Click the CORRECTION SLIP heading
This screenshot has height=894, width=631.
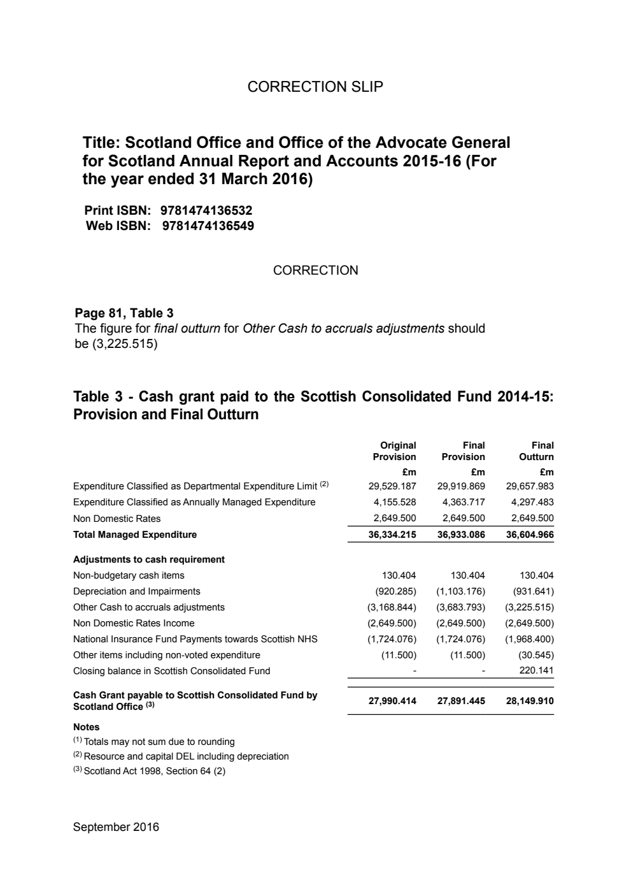[x=315, y=87]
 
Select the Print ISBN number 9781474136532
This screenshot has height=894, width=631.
[x=206, y=210]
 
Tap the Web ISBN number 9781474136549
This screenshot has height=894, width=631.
[x=208, y=226]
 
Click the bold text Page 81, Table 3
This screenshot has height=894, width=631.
[x=124, y=313]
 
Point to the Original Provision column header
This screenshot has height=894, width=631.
[x=395, y=451]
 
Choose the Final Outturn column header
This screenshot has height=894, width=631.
[x=536, y=451]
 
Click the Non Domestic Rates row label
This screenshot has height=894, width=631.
[x=117, y=519]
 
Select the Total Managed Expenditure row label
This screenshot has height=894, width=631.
[x=135, y=535]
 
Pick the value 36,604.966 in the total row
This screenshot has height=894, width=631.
[x=530, y=535]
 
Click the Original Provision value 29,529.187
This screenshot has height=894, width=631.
[x=392, y=486]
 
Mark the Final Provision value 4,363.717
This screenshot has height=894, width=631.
[x=464, y=502]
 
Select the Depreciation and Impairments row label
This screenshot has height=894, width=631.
[x=136, y=591]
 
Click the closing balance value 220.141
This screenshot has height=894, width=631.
[x=536, y=671]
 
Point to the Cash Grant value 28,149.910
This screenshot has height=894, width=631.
[x=530, y=701]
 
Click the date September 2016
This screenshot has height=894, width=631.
[x=116, y=827]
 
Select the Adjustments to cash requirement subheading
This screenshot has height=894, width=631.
[x=149, y=559]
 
